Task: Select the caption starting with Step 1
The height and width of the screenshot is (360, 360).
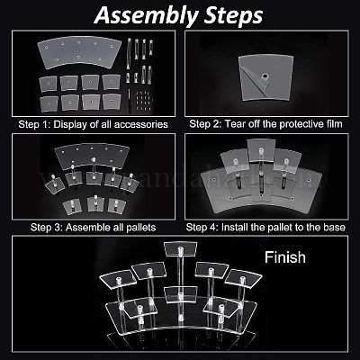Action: pyautogui.click(x=93, y=124)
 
